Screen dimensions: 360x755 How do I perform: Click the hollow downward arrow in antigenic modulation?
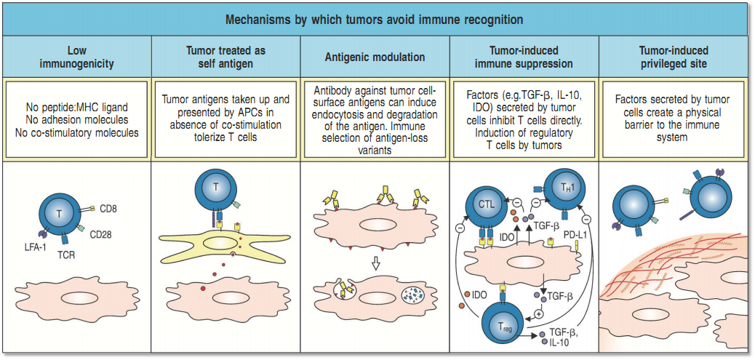(x=375, y=263)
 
